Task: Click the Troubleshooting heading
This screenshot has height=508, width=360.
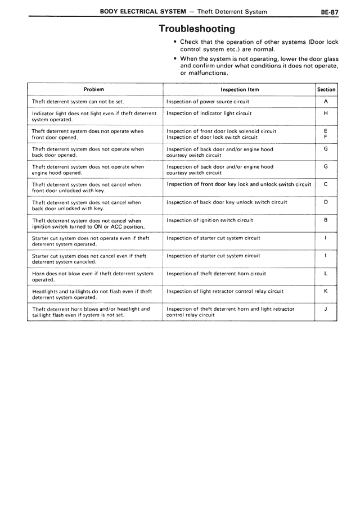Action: tap(196, 28)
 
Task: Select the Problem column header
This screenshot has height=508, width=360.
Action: tap(94, 89)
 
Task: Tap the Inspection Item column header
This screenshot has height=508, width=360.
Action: tap(240, 89)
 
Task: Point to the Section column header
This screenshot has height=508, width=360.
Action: tap(326, 89)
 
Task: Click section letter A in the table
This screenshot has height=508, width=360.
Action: tap(326, 102)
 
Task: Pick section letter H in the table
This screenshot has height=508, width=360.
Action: tap(326, 114)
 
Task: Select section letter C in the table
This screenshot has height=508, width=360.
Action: tap(326, 184)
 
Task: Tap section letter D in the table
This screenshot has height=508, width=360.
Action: tap(326, 202)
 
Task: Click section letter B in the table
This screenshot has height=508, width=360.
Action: tap(326, 220)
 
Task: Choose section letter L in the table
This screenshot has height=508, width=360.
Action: tap(326, 273)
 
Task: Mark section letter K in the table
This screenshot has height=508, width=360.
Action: tap(326, 291)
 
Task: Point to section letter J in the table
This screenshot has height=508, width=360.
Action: tap(326, 309)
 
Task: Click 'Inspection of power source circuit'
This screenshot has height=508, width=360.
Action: tap(208, 102)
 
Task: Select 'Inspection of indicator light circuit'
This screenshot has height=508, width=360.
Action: tap(209, 114)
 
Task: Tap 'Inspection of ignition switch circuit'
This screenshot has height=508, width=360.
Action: tap(210, 220)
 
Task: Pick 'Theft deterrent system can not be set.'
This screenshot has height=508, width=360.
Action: tap(78, 102)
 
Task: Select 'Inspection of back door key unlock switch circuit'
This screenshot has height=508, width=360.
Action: tap(227, 202)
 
